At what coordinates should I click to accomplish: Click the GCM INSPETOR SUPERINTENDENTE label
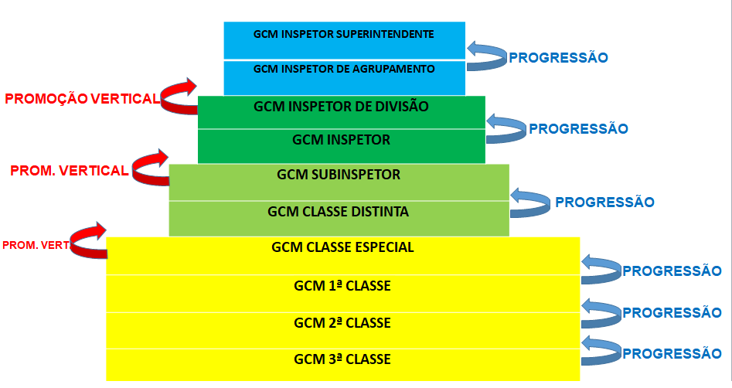344,34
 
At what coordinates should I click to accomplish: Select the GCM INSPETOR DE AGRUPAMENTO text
344,69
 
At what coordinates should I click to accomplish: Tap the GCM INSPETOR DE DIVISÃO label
341,105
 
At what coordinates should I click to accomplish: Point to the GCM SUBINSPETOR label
339,175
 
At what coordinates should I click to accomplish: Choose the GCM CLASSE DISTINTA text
338,211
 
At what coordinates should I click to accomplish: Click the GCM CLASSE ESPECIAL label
343,247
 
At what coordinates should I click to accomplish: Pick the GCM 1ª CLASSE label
342,286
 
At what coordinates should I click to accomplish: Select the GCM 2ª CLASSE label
342,322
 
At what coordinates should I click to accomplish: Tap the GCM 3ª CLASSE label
342,359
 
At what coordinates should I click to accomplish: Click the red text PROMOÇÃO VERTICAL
82,99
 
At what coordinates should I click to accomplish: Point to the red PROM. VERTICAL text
69,171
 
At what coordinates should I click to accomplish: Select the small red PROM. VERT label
36,245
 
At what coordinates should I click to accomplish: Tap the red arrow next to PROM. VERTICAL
151,168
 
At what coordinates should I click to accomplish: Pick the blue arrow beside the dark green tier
506,128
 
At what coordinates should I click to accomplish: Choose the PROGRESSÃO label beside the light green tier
604,203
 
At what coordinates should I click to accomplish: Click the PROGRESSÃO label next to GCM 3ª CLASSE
671,354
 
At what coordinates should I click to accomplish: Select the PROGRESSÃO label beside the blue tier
557,57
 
